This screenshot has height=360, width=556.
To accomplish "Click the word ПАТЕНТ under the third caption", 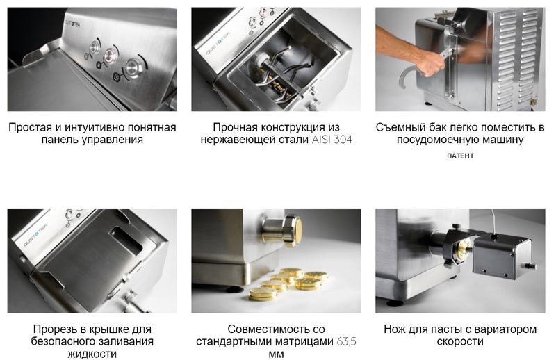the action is pos(460,156).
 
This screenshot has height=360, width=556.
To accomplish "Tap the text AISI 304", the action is pos(332,140).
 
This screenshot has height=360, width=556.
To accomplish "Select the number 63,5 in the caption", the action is pos(346,342).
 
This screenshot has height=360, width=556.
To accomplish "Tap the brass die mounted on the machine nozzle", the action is pos(295,231).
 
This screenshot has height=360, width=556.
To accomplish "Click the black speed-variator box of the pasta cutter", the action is pos(502,256).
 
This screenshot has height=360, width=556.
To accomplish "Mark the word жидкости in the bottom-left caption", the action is pos(92,354).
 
